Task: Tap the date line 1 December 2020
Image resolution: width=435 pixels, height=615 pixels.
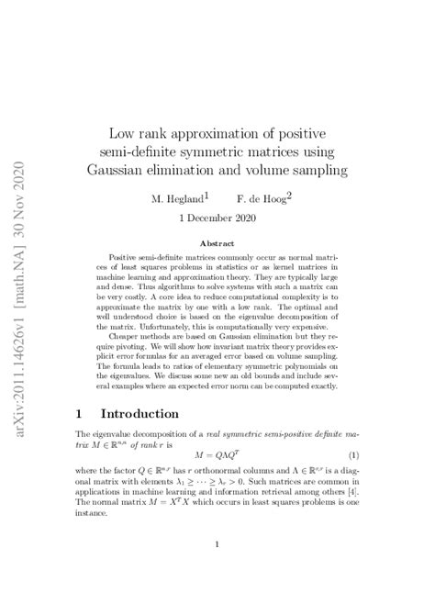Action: tap(218, 219)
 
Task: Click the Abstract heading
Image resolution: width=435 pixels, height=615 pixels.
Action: tap(217, 243)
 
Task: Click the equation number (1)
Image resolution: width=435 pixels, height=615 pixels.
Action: tap(352, 455)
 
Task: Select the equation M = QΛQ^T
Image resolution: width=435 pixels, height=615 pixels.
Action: tap(217, 455)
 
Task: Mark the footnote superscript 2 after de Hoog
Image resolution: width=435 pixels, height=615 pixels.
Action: tap(289, 195)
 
